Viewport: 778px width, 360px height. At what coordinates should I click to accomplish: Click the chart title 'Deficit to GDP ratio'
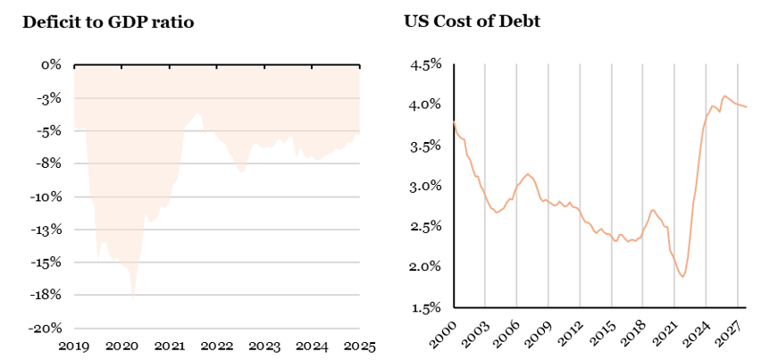108,22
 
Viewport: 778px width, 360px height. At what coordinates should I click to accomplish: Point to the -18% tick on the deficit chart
46,295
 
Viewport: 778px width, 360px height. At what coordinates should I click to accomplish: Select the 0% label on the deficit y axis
51,65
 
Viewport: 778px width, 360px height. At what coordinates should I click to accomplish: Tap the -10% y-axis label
46,197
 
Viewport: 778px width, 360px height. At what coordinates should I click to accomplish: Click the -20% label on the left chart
46,328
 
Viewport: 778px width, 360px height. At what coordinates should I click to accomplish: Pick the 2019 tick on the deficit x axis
75,345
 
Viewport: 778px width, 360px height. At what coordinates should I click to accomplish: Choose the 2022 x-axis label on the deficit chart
217,345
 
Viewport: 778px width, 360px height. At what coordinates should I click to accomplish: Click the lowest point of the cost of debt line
682,277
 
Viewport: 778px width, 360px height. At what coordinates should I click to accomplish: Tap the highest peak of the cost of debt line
724,95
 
